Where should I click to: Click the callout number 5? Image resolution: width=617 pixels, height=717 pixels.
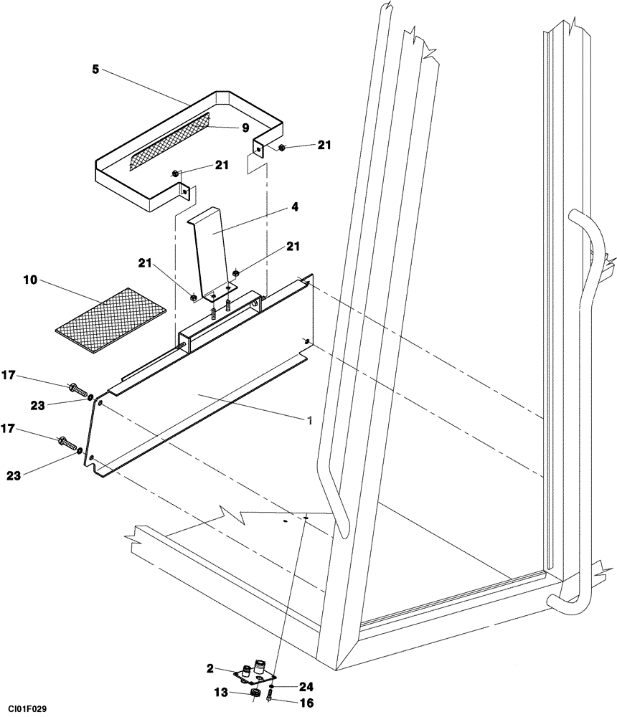pyautogui.click(x=95, y=70)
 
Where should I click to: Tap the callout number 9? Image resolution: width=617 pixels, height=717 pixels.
pyautogui.click(x=245, y=128)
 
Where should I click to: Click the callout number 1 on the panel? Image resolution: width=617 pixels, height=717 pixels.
pyautogui.click(x=310, y=422)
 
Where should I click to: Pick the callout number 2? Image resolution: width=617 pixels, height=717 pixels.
pyautogui.click(x=210, y=668)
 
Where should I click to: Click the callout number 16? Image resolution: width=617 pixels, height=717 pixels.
pyautogui.click(x=306, y=703)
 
